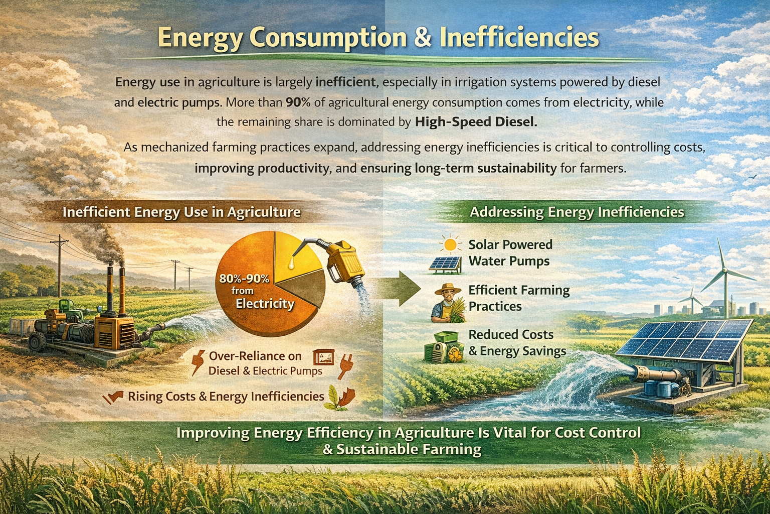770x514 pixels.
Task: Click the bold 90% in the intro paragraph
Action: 298,102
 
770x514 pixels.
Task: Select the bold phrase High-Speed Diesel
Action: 476,122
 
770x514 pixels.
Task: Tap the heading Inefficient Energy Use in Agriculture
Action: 181,212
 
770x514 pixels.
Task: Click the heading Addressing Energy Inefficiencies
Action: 576,212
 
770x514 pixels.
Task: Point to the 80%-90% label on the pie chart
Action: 244,279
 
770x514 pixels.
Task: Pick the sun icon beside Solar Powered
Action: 450,244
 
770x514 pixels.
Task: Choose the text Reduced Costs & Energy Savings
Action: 517,343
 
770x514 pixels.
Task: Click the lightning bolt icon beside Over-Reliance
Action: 198,362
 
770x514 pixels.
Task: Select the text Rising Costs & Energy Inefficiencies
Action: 226,397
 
